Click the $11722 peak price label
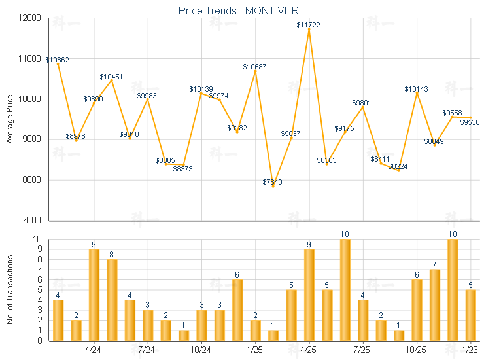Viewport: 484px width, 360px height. [x=309, y=25]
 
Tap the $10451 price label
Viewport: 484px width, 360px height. [x=111, y=77]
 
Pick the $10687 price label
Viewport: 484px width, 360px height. [x=254, y=67]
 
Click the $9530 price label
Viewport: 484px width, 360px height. [x=470, y=122]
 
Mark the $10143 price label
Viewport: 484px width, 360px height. [x=416, y=88]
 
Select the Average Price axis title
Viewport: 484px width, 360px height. [x=10, y=119]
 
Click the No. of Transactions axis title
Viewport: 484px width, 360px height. [x=10, y=289]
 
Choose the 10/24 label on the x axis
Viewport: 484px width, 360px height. [x=201, y=350]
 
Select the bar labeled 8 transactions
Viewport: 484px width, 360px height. [x=112, y=300]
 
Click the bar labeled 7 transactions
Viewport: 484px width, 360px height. [x=434, y=305]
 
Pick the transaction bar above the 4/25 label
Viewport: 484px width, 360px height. [x=309, y=295]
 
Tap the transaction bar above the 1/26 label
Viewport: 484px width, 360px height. [x=470, y=315]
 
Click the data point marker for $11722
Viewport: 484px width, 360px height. [x=309, y=29]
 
